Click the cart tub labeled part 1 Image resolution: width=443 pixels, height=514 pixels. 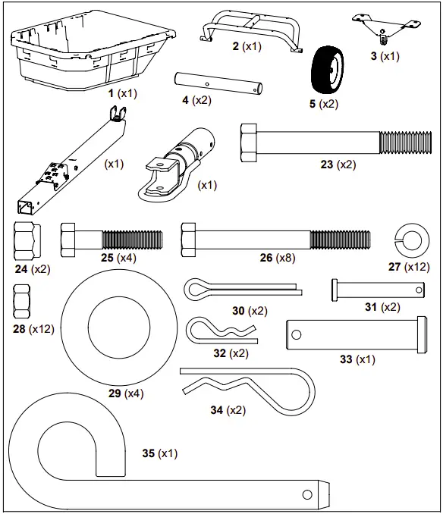coord(91,53)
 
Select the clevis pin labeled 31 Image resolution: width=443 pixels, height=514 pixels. coord(375,289)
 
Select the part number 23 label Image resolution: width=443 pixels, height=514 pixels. coord(327,164)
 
